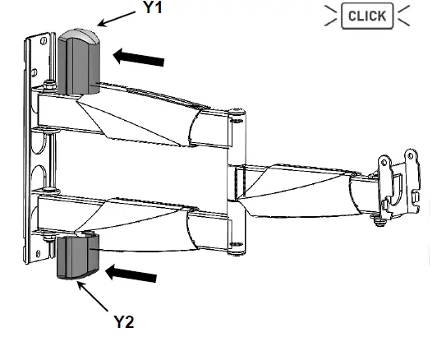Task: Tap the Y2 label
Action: click(x=122, y=322)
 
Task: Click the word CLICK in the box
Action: click(x=367, y=16)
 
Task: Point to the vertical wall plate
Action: click(x=36, y=148)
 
